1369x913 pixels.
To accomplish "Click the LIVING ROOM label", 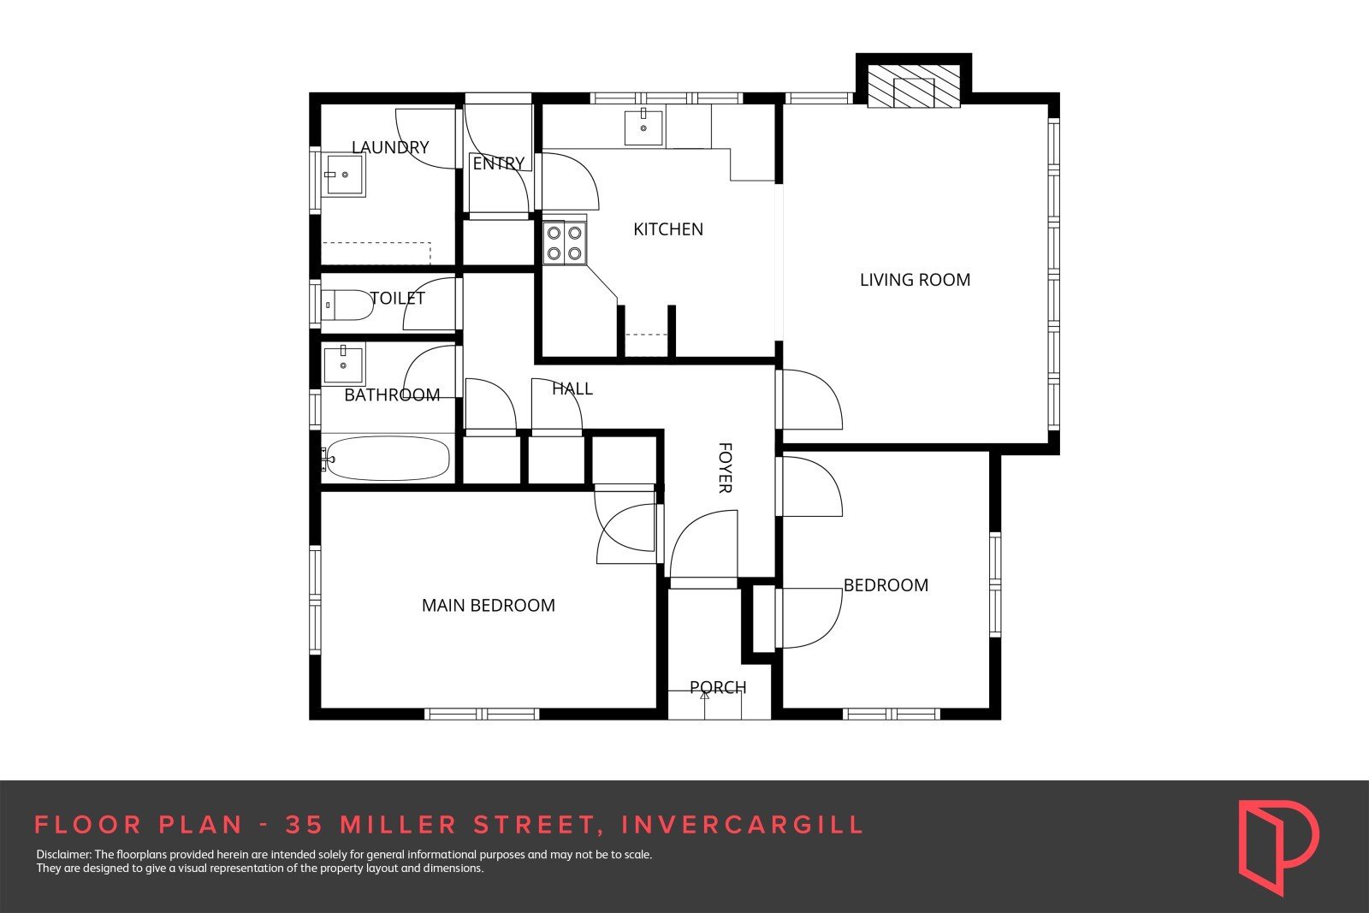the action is tap(915, 280).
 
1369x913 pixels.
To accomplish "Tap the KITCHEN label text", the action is tap(668, 229).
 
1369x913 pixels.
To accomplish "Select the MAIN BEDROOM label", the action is tap(489, 605).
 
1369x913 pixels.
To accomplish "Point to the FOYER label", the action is tap(725, 467).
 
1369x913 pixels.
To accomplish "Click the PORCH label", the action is tap(718, 687).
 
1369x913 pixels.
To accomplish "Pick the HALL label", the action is tap(572, 388).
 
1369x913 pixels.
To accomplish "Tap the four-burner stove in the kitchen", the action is tap(565, 243).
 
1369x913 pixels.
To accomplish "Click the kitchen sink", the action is tap(643, 127).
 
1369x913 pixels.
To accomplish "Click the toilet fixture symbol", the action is tap(347, 305).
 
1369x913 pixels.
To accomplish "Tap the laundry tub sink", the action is tap(344, 175).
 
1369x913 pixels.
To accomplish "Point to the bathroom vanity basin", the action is tap(343, 364).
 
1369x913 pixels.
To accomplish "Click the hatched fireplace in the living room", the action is tap(914, 85).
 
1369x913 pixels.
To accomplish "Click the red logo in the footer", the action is tap(1278, 847).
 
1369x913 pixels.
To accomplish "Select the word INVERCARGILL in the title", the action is tap(742, 825).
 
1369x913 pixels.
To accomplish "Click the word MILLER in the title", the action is tap(399, 825).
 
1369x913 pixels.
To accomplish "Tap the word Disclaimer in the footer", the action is tap(63, 854).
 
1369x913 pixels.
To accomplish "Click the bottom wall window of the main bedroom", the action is tap(482, 714).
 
